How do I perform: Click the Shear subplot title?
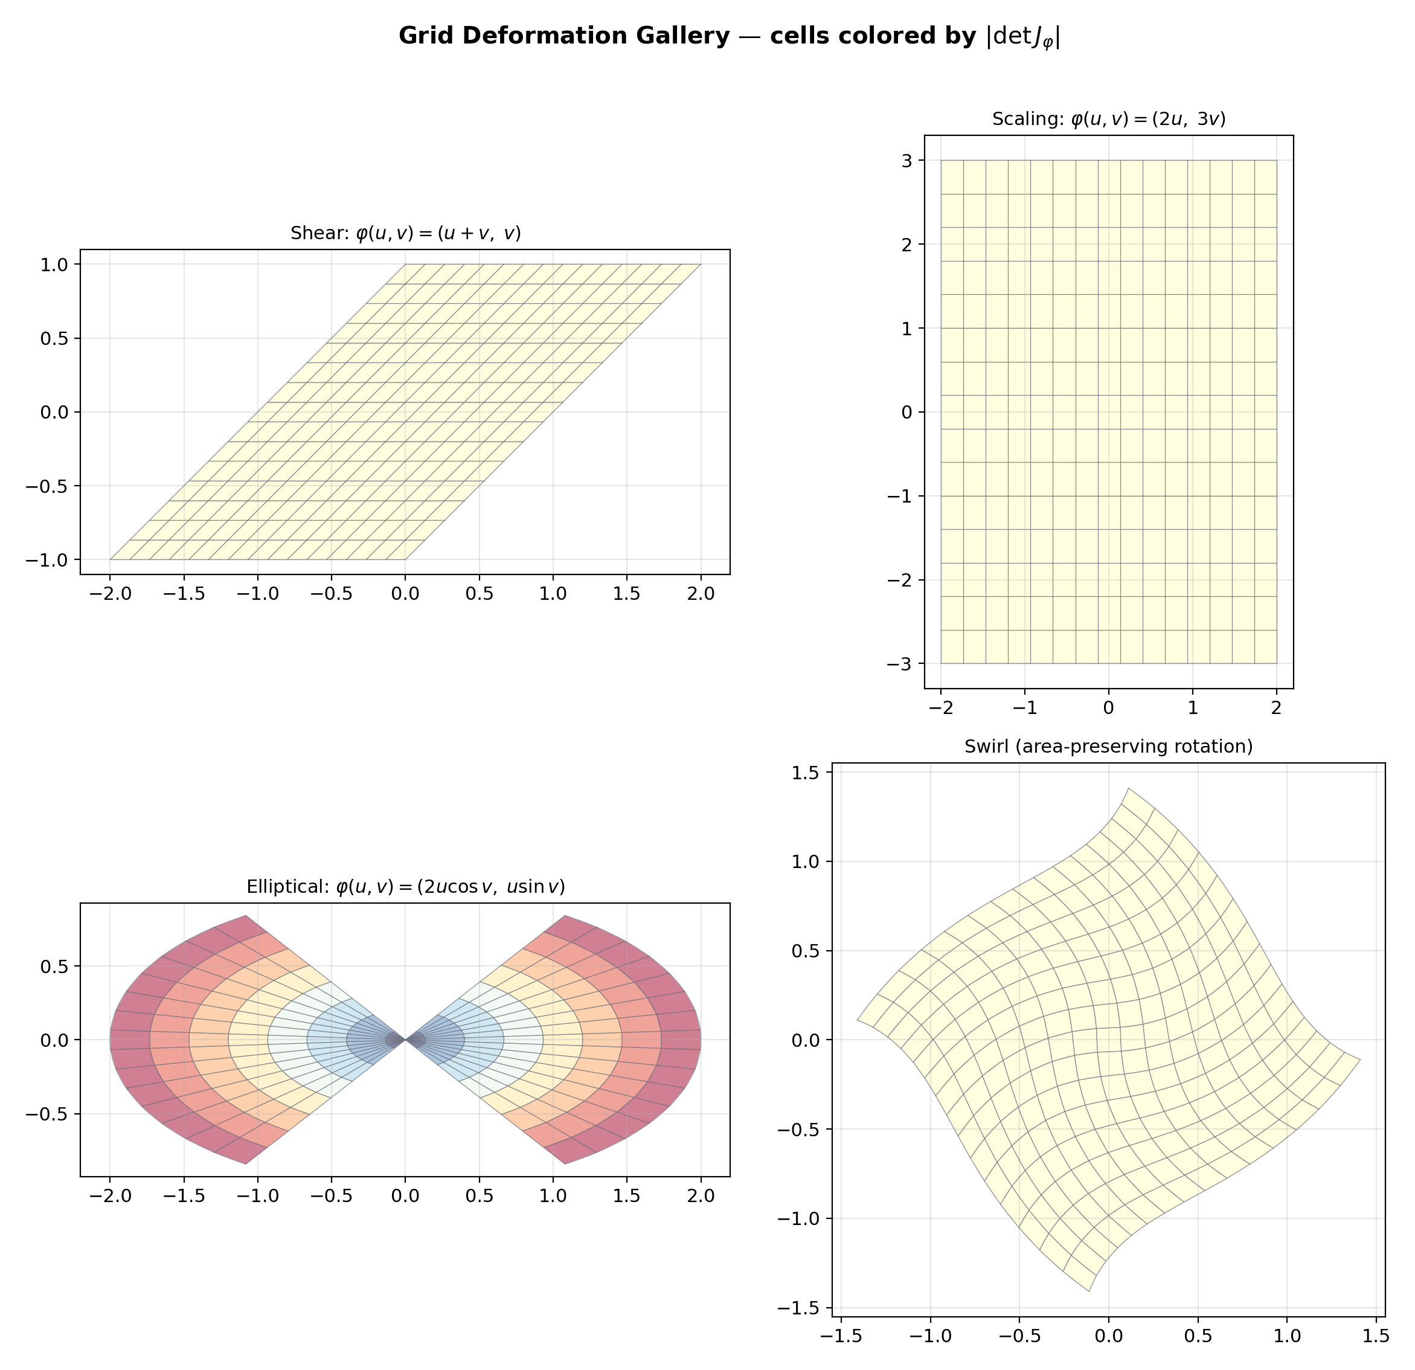(x=405, y=233)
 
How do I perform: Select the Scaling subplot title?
(x=1108, y=119)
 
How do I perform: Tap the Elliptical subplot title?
(x=405, y=887)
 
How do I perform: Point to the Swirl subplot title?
(x=1108, y=747)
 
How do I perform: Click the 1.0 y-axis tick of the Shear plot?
(x=55, y=265)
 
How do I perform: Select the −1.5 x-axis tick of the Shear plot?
(x=184, y=593)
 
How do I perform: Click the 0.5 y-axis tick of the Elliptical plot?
(x=55, y=966)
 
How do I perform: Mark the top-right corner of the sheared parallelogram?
(x=701, y=265)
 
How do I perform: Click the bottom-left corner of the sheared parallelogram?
(x=110, y=560)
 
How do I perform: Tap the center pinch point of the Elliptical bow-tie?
(x=405, y=1040)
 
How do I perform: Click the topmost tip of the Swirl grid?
(x=1128, y=789)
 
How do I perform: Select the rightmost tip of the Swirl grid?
(x=1360, y=1060)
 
